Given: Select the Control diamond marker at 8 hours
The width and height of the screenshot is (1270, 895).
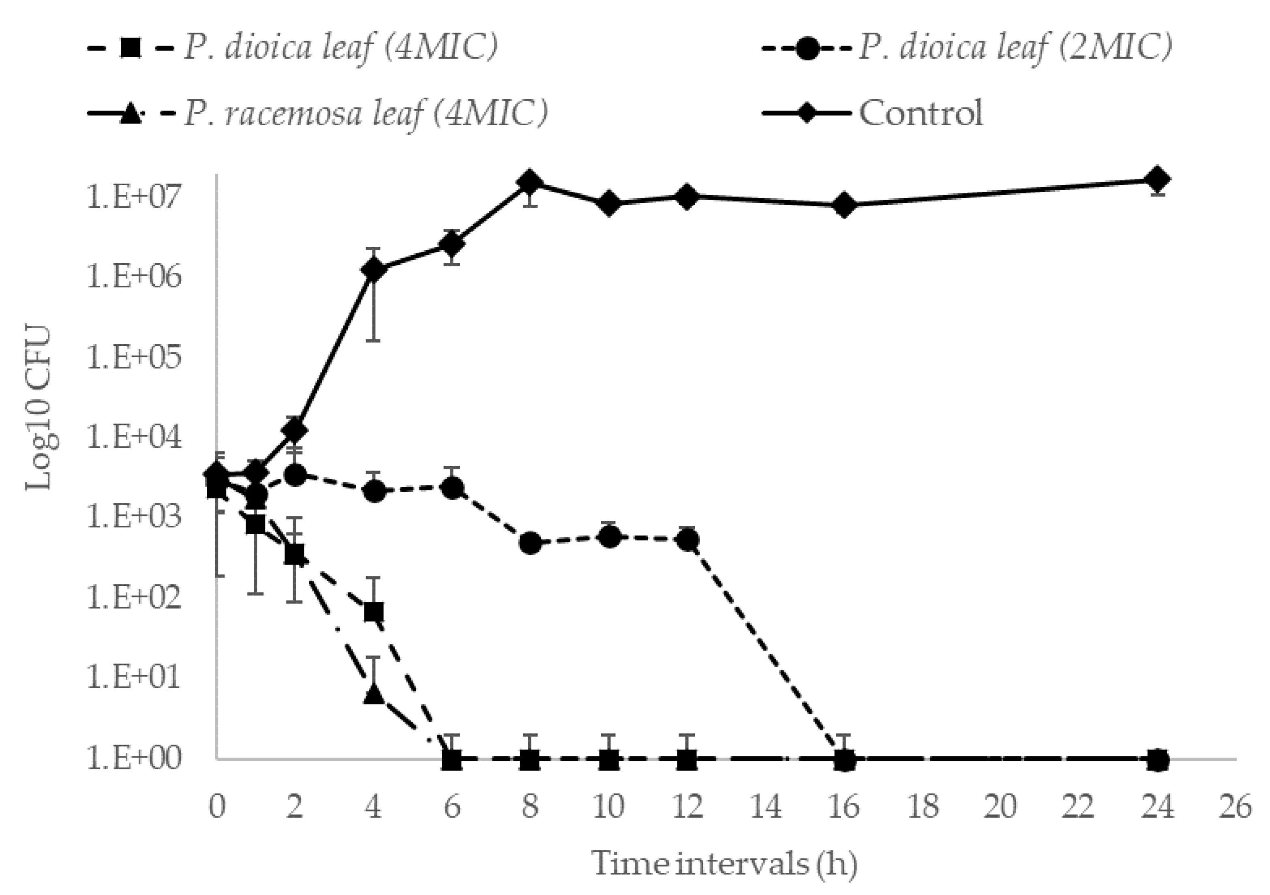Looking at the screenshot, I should click(530, 182).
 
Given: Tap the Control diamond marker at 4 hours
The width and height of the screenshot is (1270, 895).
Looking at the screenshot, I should click(374, 270).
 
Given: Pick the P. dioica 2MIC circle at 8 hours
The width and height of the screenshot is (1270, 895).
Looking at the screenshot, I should click(530, 543).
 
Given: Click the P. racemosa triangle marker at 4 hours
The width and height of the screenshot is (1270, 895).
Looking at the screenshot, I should click(374, 694).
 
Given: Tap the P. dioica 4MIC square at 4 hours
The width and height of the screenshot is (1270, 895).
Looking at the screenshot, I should click(374, 612).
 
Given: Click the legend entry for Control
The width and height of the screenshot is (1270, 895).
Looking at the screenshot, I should click(920, 113).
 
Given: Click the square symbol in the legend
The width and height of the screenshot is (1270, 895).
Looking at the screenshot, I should click(131, 48).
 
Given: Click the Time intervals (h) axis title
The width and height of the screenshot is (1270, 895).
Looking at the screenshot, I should click(725, 863).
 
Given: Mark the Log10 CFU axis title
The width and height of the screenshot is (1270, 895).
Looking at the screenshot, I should click(40, 408).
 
